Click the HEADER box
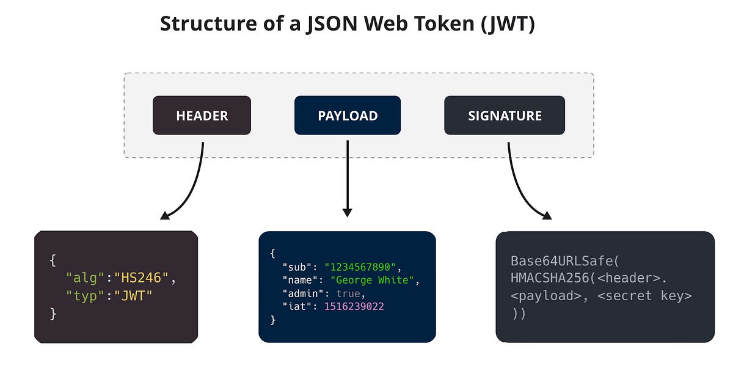coord(202,116)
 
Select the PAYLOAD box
coord(348,116)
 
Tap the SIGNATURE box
coord(505,116)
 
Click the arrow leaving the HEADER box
coord(194,183)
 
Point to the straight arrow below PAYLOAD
coord(348,177)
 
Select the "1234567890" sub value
coord(360,267)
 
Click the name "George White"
coord(373,280)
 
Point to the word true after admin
coord(349,293)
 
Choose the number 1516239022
coord(354,306)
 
